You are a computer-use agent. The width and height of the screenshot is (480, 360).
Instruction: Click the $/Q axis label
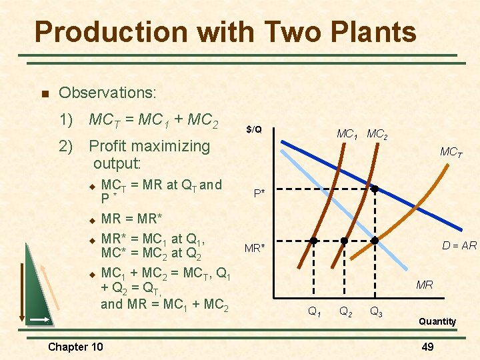[x=253, y=129]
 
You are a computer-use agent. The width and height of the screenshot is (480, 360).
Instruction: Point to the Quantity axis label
[x=437, y=321]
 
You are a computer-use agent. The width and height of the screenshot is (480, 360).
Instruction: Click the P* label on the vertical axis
[x=259, y=193]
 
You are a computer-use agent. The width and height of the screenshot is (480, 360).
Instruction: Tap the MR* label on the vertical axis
[x=255, y=249]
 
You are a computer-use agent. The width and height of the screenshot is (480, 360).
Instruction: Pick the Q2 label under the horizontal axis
[x=347, y=311]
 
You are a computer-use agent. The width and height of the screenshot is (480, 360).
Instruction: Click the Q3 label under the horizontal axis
[x=377, y=311]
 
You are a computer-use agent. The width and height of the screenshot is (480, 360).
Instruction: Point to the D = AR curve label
[x=459, y=245]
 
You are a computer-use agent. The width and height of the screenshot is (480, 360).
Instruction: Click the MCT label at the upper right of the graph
[x=451, y=153]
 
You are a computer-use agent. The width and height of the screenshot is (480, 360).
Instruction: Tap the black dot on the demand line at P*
[x=375, y=189]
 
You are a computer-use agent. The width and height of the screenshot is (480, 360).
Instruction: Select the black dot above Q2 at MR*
[x=344, y=240]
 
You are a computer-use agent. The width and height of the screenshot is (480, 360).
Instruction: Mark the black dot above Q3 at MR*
[x=375, y=240]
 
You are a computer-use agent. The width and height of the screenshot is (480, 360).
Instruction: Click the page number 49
[x=427, y=346]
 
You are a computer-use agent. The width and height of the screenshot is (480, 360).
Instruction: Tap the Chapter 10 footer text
[x=75, y=346]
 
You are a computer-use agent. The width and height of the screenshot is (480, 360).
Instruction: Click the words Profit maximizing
[x=149, y=145]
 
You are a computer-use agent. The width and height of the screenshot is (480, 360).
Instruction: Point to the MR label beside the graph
[x=425, y=285]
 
